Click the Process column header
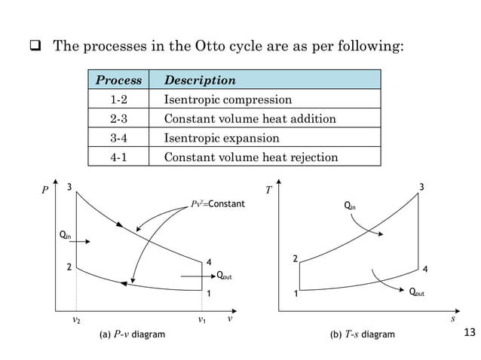119,80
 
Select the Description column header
200,80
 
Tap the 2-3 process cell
119,119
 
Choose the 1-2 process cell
119,99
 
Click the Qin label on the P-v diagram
66,236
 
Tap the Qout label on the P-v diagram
223,276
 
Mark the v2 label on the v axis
76,320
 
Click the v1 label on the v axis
202,320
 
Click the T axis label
269,191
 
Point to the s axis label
453,319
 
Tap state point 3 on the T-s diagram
421,187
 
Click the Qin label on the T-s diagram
350,205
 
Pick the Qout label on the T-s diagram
416,292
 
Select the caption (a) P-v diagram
132,334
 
